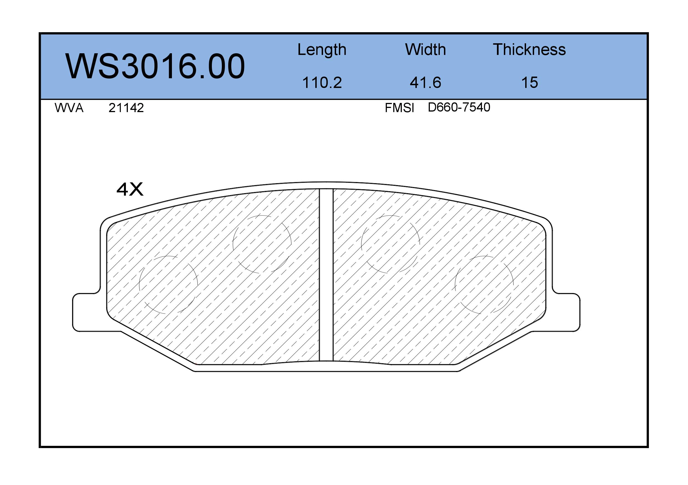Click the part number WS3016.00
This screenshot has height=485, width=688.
click(x=155, y=66)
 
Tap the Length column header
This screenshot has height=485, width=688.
click(x=322, y=50)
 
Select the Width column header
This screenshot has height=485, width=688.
click(x=425, y=49)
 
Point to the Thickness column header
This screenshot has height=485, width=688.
click(x=529, y=49)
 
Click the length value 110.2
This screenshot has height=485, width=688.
click(x=322, y=82)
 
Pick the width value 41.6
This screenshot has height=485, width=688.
click(x=425, y=82)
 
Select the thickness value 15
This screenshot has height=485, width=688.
click(x=529, y=82)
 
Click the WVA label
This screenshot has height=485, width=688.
click(x=69, y=108)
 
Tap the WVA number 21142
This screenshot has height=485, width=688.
click(x=126, y=108)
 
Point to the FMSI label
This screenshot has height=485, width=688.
click(x=399, y=108)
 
